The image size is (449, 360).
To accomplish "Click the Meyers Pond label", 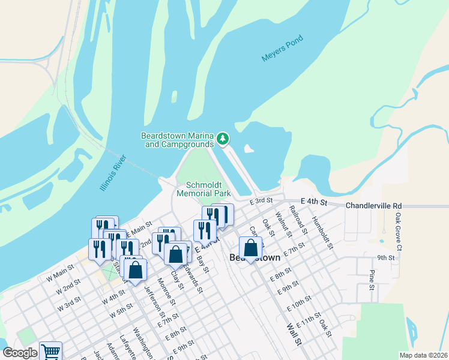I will coord(283,49).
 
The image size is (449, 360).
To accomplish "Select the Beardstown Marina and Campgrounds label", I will coord(178,140).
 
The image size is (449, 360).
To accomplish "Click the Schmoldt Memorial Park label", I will coord(204,189).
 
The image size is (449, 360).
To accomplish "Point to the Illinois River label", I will coord(113,173).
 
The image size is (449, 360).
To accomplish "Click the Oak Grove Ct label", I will coord(398,227).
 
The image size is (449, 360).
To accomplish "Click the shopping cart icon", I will coord(50,352).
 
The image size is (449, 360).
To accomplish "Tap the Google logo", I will coord(20,353).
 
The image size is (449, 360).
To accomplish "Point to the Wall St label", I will coord(293,335).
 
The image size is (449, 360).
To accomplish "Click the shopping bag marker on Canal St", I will coord(251,248).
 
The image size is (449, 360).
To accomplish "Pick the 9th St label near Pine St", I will coord(385,258).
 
